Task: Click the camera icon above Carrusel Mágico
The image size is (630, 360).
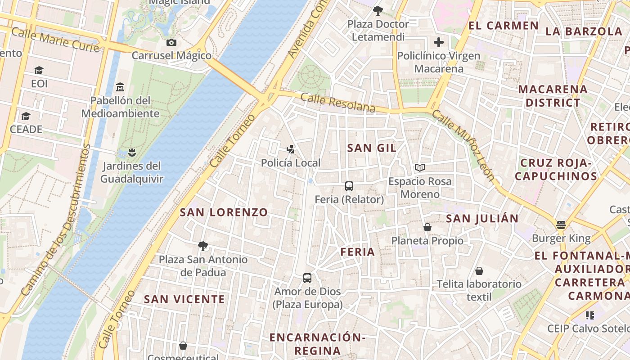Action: point(171,42)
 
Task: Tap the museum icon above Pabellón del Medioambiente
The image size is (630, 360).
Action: point(120,86)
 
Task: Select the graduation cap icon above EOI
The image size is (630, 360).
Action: point(39,70)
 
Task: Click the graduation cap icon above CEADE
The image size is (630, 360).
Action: point(26,116)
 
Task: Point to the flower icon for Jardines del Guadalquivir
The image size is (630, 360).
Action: point(131,153)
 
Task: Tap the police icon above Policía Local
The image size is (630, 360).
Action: point(291,149)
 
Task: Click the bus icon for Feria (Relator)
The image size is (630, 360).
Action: point(349,186)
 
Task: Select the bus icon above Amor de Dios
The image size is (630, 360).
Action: point(307,278)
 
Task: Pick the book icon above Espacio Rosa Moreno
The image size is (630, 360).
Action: point(419,168)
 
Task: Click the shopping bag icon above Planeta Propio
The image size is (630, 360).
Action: point(427,227)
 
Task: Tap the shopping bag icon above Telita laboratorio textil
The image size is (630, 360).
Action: point(479,270)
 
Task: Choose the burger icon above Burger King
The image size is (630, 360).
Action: point(561,224)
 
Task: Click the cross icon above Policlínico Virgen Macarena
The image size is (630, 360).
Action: point(438,43)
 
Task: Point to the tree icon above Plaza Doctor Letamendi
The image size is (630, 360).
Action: point(378,10)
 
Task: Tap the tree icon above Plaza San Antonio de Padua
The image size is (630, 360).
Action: point(203,246)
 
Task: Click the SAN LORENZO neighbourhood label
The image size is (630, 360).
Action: point(224,212)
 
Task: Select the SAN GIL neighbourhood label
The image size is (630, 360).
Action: point(372,148)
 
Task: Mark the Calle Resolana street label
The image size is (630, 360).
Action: point(337,103)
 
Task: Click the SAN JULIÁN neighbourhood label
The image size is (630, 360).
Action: point(482,219)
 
